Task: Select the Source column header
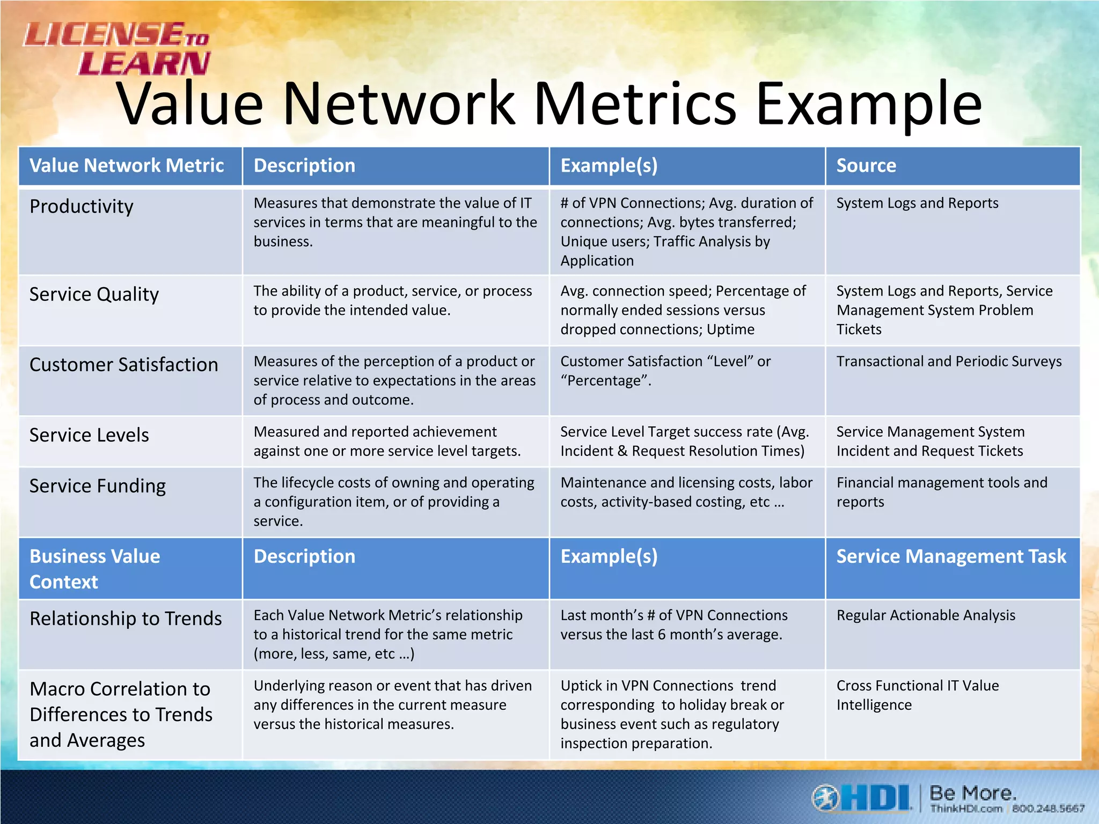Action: tap(866, 166)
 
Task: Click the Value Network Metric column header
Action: tap(127, 166)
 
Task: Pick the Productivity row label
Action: tap(82, 207)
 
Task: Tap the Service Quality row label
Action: tap(94, 295)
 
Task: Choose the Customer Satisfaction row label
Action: tap(124, 365)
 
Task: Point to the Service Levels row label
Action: tap(89, 435)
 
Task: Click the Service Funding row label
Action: tap(98, 486)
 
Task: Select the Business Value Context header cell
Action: tap(95, 569)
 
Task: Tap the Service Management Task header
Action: tap(951, 557)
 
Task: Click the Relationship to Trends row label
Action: tap(126, 619)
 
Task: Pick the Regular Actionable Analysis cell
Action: tap(926, 615)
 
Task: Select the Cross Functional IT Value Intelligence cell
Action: tap(918, 695)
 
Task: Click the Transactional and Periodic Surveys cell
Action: tap(949, 362)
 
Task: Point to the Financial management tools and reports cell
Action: tap(942, 492)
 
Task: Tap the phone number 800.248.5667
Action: tap(1048, 808)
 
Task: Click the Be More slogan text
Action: tap(972, 792)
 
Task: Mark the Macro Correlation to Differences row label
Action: tap(121, 714)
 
